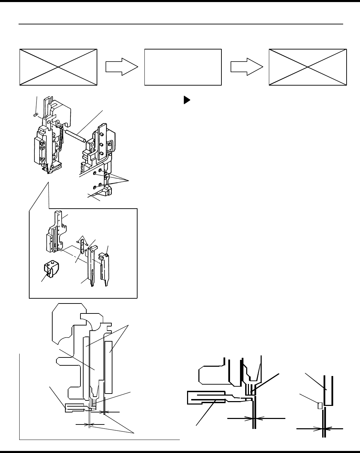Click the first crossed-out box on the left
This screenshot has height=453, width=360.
[58, 67]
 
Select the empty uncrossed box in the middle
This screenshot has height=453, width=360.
[183, 67]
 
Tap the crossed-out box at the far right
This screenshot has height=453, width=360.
[308, 67]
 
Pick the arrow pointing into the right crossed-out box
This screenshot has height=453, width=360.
[247, 67]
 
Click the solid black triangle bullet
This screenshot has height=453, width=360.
[186, 100]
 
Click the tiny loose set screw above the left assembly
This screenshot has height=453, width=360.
[35, 115]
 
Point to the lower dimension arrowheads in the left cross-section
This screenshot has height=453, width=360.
[89, 425]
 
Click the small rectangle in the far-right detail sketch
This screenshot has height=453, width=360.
[320, 406]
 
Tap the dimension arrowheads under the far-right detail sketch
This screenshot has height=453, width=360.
[324, 429]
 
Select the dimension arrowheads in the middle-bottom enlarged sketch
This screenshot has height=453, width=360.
[254, 418]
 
